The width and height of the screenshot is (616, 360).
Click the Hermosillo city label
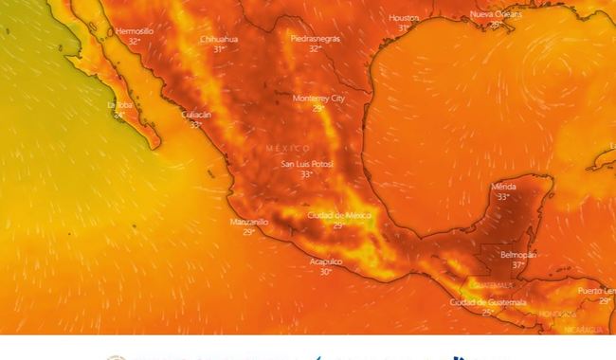pos(135,31)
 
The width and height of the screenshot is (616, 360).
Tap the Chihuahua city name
pos(219,39)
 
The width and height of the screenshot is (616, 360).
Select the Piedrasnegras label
pos(316,39)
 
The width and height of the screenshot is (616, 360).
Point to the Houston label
pos(404,18)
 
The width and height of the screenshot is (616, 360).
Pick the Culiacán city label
pos(196,115)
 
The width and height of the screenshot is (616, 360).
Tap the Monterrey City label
pos(318,99)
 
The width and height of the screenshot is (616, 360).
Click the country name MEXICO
pos(288,150)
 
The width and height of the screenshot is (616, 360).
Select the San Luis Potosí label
pos(307,165)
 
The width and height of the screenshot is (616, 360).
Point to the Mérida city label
pos(504,187)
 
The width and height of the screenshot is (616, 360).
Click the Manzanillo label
pos(249,222)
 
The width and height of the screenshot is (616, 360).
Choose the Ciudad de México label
pos(338,215)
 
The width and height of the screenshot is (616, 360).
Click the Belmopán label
pos(518,255)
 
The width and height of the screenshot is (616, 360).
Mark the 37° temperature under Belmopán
pos(518,265)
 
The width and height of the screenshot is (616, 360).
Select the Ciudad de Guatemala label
pos(488,302)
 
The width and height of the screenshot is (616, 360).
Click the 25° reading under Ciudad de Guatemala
pos(488,312)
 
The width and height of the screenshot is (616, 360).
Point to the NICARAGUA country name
pos(583,329)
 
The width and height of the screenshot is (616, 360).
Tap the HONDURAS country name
pos(557,314)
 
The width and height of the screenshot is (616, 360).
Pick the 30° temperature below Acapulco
pos(326,271)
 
